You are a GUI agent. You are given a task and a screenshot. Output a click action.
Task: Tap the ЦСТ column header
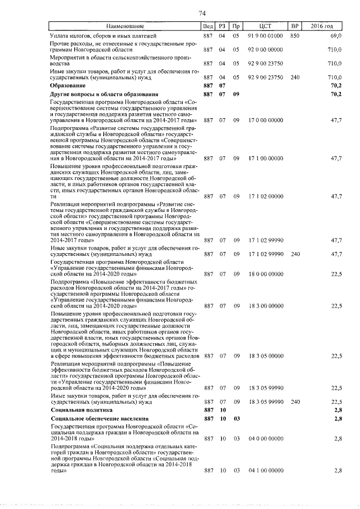266,26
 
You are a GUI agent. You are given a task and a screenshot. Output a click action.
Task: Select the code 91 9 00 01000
265,35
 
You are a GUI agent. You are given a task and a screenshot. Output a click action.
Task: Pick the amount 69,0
336,35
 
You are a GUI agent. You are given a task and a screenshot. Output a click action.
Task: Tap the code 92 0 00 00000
265,49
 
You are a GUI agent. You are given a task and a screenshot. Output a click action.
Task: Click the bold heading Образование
67,85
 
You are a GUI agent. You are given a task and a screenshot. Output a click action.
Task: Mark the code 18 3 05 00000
265,356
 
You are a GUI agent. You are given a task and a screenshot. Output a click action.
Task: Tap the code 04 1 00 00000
265,470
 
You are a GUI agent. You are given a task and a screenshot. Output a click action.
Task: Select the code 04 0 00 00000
265,438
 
